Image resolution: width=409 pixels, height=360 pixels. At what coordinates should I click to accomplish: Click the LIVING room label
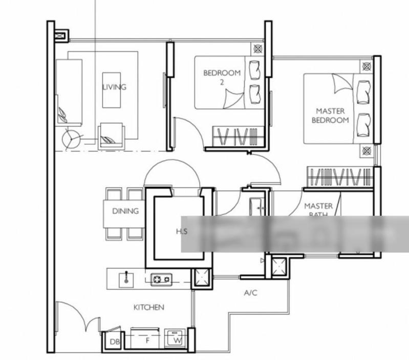(x=114, y=87)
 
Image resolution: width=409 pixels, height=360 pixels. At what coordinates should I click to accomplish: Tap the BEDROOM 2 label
(x=222, y=77)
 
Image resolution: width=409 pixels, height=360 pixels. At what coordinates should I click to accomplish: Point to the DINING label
(x=125, y=211)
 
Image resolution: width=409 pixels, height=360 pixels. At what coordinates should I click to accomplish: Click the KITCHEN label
(x=148, y=307)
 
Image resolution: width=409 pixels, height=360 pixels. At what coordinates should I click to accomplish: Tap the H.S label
(x=182, y=231)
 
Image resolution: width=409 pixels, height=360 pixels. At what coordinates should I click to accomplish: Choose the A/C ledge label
(x=250, y=293)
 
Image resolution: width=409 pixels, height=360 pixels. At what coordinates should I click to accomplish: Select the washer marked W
(x=177, y=339)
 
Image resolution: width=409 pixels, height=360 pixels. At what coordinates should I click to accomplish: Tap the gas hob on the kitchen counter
(x=161, y=279)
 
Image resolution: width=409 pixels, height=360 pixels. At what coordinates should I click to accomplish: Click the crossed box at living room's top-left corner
(x=61, y=36)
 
